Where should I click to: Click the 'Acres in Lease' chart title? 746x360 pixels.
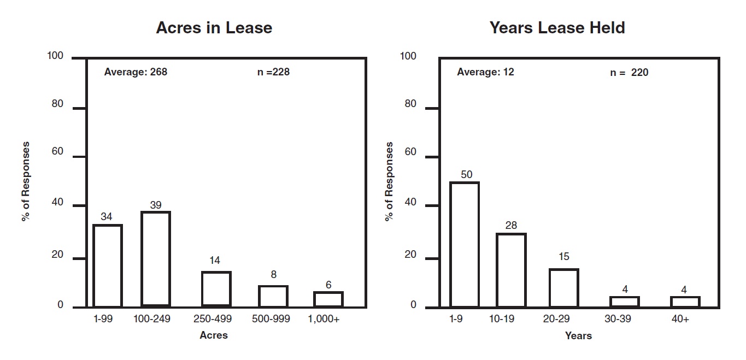pos(214,28)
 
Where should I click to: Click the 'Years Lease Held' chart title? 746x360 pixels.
pos(557,28)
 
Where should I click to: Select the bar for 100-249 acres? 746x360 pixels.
pos(155,259)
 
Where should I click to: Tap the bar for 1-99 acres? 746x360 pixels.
pos(107,265)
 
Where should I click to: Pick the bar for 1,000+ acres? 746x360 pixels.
pos(328,299)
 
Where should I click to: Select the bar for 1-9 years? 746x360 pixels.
pos(464,244)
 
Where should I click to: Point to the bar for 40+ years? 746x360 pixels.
pos(685,302)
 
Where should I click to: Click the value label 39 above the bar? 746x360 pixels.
pos(156,205)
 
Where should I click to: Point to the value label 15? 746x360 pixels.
pos(563,257)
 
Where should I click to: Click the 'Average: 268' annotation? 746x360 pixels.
pos(136,72)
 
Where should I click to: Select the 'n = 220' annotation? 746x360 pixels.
pos(629,72)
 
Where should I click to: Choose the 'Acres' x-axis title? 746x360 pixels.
pos(214,335)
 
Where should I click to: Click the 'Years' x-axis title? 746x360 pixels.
pos(578,335)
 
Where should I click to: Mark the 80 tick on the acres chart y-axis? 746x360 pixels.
pos(58,104)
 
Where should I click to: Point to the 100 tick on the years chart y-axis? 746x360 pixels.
pos(408,56)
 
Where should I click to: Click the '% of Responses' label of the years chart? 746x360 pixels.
pos(389,181)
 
